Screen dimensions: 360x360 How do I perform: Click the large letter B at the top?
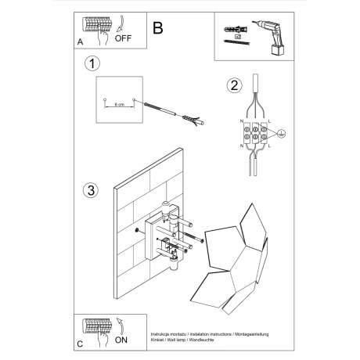click(x=158, y=29)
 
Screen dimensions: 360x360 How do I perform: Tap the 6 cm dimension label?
click(x=119, y=104)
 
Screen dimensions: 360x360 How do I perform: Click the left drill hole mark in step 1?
click(x=104, y=99)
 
